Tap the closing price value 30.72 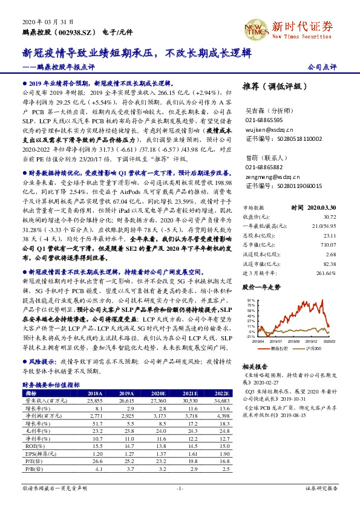(329, 216)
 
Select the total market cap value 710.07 (327, 244)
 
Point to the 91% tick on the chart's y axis (250, 300)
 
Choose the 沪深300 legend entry (313, 349)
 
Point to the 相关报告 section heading (255, 366)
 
